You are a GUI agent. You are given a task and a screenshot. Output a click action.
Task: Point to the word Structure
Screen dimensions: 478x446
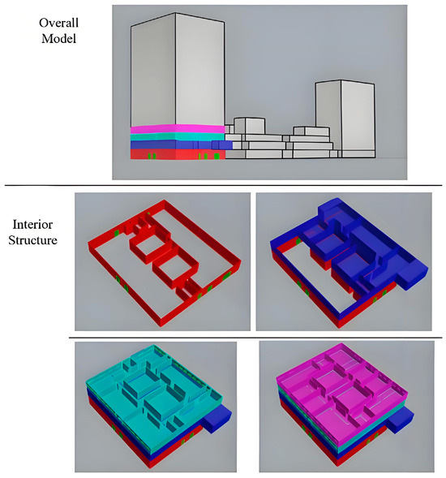[35, 241]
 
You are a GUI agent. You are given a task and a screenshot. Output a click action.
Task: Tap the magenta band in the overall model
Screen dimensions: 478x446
[177, 129]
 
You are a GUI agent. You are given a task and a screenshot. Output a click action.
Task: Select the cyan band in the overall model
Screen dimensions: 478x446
[177, 136]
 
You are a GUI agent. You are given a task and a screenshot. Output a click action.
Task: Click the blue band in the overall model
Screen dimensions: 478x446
[177, 145]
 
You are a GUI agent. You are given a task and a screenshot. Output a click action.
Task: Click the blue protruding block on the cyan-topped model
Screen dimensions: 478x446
[217, 419]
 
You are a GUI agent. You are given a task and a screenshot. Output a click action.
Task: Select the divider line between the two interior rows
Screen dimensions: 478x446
[255, 337]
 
